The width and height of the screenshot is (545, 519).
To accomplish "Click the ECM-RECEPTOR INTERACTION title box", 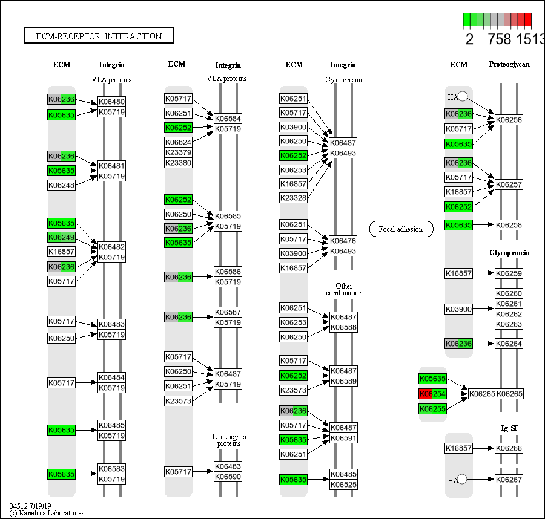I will click(99, 36).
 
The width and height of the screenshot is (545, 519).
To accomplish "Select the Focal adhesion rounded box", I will click(401, 229).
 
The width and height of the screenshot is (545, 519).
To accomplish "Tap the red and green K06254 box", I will click(433, 394).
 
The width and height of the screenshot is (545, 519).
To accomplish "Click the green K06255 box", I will click(433, 409).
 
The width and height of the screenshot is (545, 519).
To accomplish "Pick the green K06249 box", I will click(62, 237).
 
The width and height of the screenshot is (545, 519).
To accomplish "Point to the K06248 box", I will click(62, 184).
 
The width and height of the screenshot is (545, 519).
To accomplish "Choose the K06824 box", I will click(178, 142).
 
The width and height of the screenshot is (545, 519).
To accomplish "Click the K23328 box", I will click(294, 198).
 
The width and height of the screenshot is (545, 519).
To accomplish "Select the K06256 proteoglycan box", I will click(509, 120).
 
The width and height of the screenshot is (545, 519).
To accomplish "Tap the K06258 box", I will click(509, 225).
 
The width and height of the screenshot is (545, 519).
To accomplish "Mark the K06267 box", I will click(509, 480).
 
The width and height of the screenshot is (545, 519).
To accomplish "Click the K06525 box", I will click(343, 485).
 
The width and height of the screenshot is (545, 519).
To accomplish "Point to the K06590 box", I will click(228, 477).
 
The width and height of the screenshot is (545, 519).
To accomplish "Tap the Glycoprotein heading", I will click(509, 253).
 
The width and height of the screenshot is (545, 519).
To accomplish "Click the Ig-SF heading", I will click(509, 428).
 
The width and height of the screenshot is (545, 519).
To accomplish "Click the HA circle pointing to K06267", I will click(462, 480).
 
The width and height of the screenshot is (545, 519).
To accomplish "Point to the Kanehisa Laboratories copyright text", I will click(47, 513).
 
